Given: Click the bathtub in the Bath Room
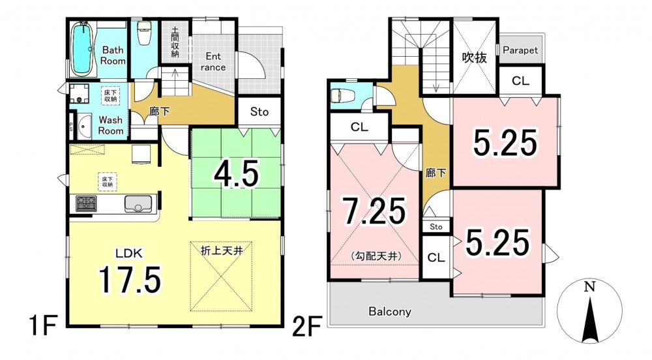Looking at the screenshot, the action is (x=81, y=49).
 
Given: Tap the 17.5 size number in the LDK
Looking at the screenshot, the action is (x=129, y=279).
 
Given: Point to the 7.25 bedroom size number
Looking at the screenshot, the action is (x=374, y=211).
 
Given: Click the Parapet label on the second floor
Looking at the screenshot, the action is (x=520, y=50).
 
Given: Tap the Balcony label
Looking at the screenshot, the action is (x=390, y=311).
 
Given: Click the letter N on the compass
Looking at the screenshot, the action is (x=589, y=287).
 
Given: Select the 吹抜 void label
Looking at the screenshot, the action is (x=475, y=57).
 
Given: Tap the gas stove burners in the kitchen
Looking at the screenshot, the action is (x=86, y=203).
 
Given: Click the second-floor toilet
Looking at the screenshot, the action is (x=342, y=97).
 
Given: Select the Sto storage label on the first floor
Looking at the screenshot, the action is (x=259, y=112).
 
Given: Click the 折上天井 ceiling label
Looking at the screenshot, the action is (x=222, y=250).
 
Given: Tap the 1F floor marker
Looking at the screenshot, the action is (x=42, y=326).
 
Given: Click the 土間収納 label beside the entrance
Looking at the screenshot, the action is (x=175, y=42).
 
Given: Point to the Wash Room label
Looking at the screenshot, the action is (x=111, y=125).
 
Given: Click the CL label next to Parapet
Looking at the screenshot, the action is (x=520, y=81).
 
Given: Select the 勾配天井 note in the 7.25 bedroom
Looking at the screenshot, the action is (x=376, y=256).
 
